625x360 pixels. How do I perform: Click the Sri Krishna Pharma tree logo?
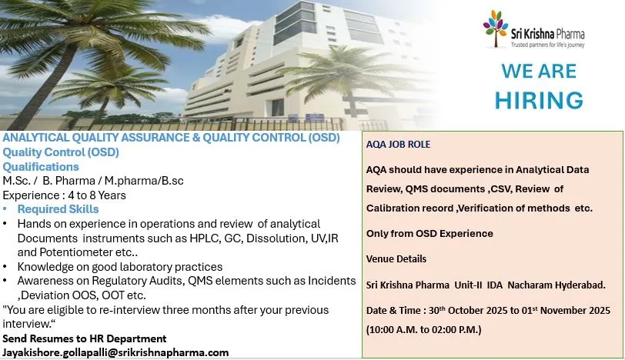click(x=496, y=28)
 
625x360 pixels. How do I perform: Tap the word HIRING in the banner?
click(x=539, y=100)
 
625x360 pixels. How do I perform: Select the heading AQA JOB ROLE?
click(x=398, y=144)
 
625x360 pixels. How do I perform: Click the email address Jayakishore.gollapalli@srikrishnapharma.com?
click(x=115, y=353)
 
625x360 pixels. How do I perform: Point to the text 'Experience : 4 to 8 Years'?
click(x=64, y=195)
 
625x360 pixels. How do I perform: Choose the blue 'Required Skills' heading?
click(x=58, y=209)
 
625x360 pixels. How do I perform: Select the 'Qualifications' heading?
click(x=41, y=166)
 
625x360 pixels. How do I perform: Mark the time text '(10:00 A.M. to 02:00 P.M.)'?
click(x=423, y=330)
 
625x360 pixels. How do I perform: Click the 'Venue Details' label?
click(x=396, y=259)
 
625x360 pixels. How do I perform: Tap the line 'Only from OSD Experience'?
click(x=429, y=233)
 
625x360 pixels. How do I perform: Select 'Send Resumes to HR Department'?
click(x=85, y=338)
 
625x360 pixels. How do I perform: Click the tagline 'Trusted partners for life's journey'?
click(x=548, y=45)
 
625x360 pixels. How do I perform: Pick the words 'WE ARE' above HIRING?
click(x=539, y=72)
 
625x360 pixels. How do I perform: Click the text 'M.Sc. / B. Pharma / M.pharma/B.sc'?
click(x=93, y=181)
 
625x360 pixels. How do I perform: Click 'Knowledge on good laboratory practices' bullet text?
click(x=119, y=267)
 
